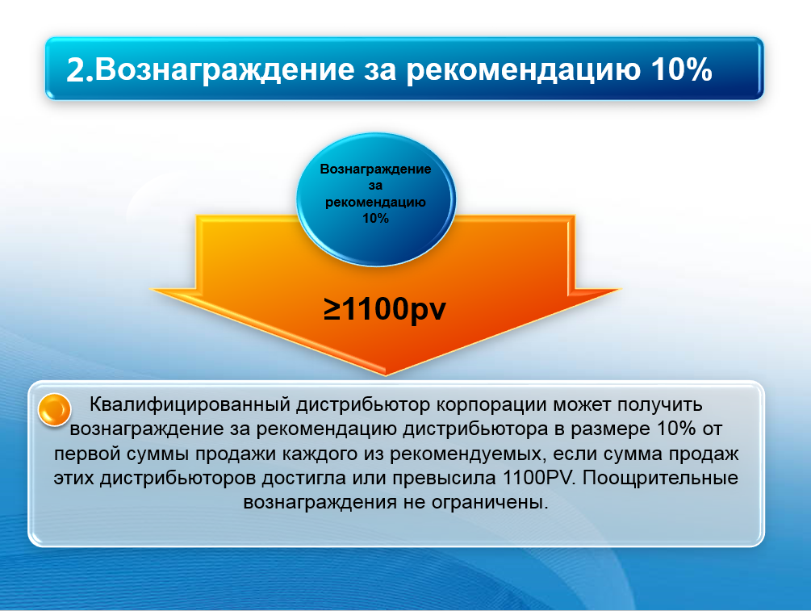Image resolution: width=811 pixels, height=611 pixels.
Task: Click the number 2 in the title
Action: [78, 69]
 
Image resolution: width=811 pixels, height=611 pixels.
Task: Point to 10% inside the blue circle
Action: [376, 218]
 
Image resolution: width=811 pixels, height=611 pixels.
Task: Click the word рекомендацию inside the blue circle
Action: [376, 202]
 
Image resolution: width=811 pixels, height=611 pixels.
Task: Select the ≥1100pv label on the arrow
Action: [385, 309]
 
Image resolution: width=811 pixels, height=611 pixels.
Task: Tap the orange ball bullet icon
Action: [54, 409]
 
